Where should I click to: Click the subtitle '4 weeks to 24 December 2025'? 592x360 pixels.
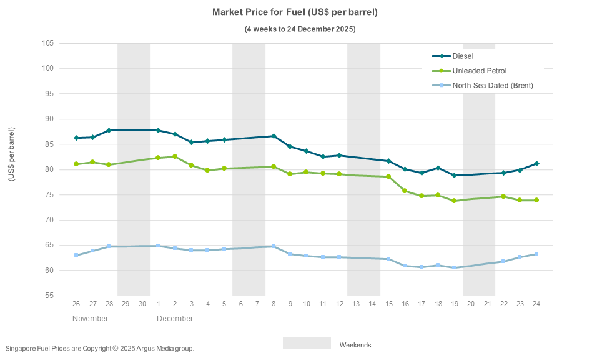point(300,29)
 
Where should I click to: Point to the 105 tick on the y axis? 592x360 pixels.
point(48,43)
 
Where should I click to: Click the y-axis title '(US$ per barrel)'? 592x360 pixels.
point(11,154)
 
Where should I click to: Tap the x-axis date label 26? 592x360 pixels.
point(76,304)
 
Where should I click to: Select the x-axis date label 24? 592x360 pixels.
point(536,304)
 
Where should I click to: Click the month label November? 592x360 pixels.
point(90,319)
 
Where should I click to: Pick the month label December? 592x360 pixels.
point(174,319)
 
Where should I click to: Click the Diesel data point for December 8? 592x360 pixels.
point(274,136)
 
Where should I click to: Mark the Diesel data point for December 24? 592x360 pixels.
point(536,164)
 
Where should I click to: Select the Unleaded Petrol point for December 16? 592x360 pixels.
point(405,191)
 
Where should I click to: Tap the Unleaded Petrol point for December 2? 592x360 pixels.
point(175,156)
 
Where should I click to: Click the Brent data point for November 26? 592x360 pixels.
point(76,255)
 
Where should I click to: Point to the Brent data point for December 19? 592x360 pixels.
point(454,268)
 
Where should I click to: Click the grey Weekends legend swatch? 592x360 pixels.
point(307,344)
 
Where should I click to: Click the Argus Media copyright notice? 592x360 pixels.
point(100,349)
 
